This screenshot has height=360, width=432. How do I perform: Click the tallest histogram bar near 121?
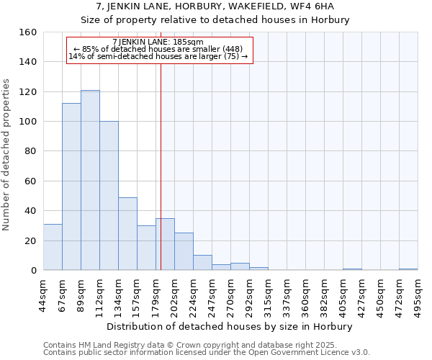pyautogui.click(x=90, y=180)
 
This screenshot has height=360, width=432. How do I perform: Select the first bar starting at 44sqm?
pyautogui.click(x=53, y=247)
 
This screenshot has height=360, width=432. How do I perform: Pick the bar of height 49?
pyautogui.click(x=127, y=234)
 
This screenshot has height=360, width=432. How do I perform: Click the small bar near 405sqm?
pyautogui.click(x=352, y=269)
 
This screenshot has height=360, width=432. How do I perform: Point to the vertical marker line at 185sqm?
pyautogui.click(x=161, y=166)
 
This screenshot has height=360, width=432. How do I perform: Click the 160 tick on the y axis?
pyautogui.click(x=28, y=32)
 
